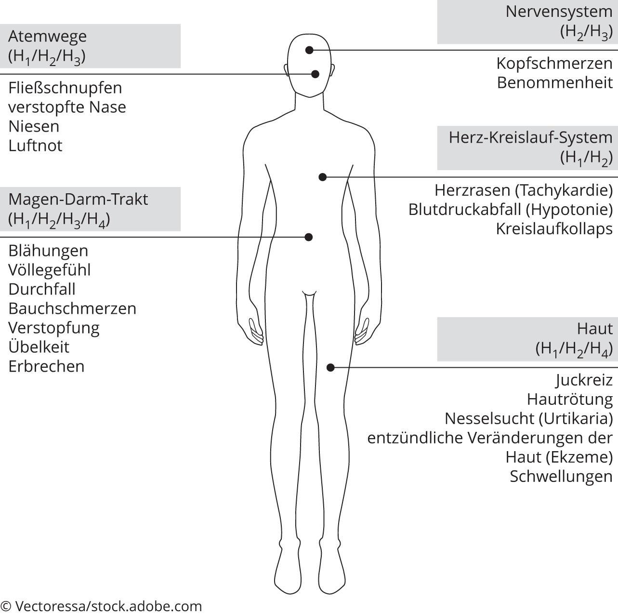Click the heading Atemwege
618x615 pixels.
(x=47, y=37)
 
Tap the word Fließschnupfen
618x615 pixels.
(x=65, y=88)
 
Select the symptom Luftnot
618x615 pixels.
(x=35, y=146)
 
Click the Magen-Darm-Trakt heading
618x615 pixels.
(x=78, y=200)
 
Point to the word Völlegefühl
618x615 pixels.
(x=49, y=270)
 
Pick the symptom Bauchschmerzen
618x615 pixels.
(x=72, y=308)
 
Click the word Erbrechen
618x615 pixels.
(x=46, y=366)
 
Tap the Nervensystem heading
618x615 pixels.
(x=559, y=12)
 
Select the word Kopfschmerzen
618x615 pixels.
(x=554, y=63)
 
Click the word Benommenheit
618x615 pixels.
(x=555, y=82)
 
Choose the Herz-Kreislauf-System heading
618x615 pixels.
(x=530, y=137)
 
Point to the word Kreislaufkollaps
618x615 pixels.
(x=554, y=229)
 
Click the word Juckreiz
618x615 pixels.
(x=584, y=380)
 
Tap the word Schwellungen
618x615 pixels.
(x=561, y=476)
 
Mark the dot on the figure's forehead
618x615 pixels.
(x=309, y=50)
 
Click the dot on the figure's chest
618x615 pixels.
(x=323, y=177)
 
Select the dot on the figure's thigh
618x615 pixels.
(x=330, y=367)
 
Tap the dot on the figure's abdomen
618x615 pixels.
(x=309, y=237)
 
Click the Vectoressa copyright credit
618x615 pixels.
(x=101, y=606)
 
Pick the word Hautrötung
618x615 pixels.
(x=570, y=399)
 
